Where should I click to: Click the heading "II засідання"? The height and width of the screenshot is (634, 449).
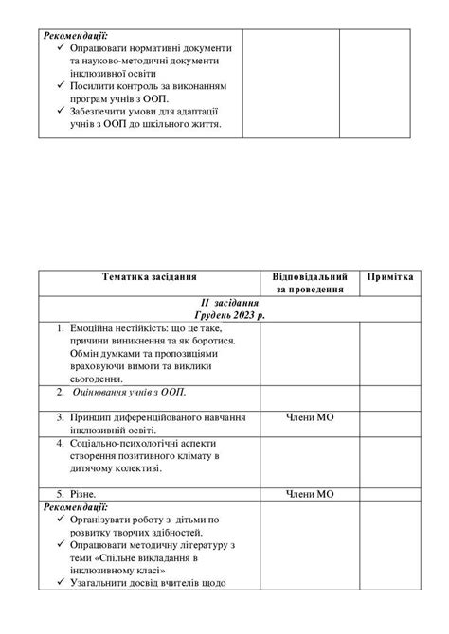[225, 301]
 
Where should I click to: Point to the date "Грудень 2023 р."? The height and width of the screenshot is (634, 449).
[225, 313]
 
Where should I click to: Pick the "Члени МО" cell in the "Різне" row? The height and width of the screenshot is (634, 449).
[310, 493]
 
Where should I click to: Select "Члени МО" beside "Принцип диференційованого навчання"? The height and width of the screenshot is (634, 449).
[310, 415]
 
